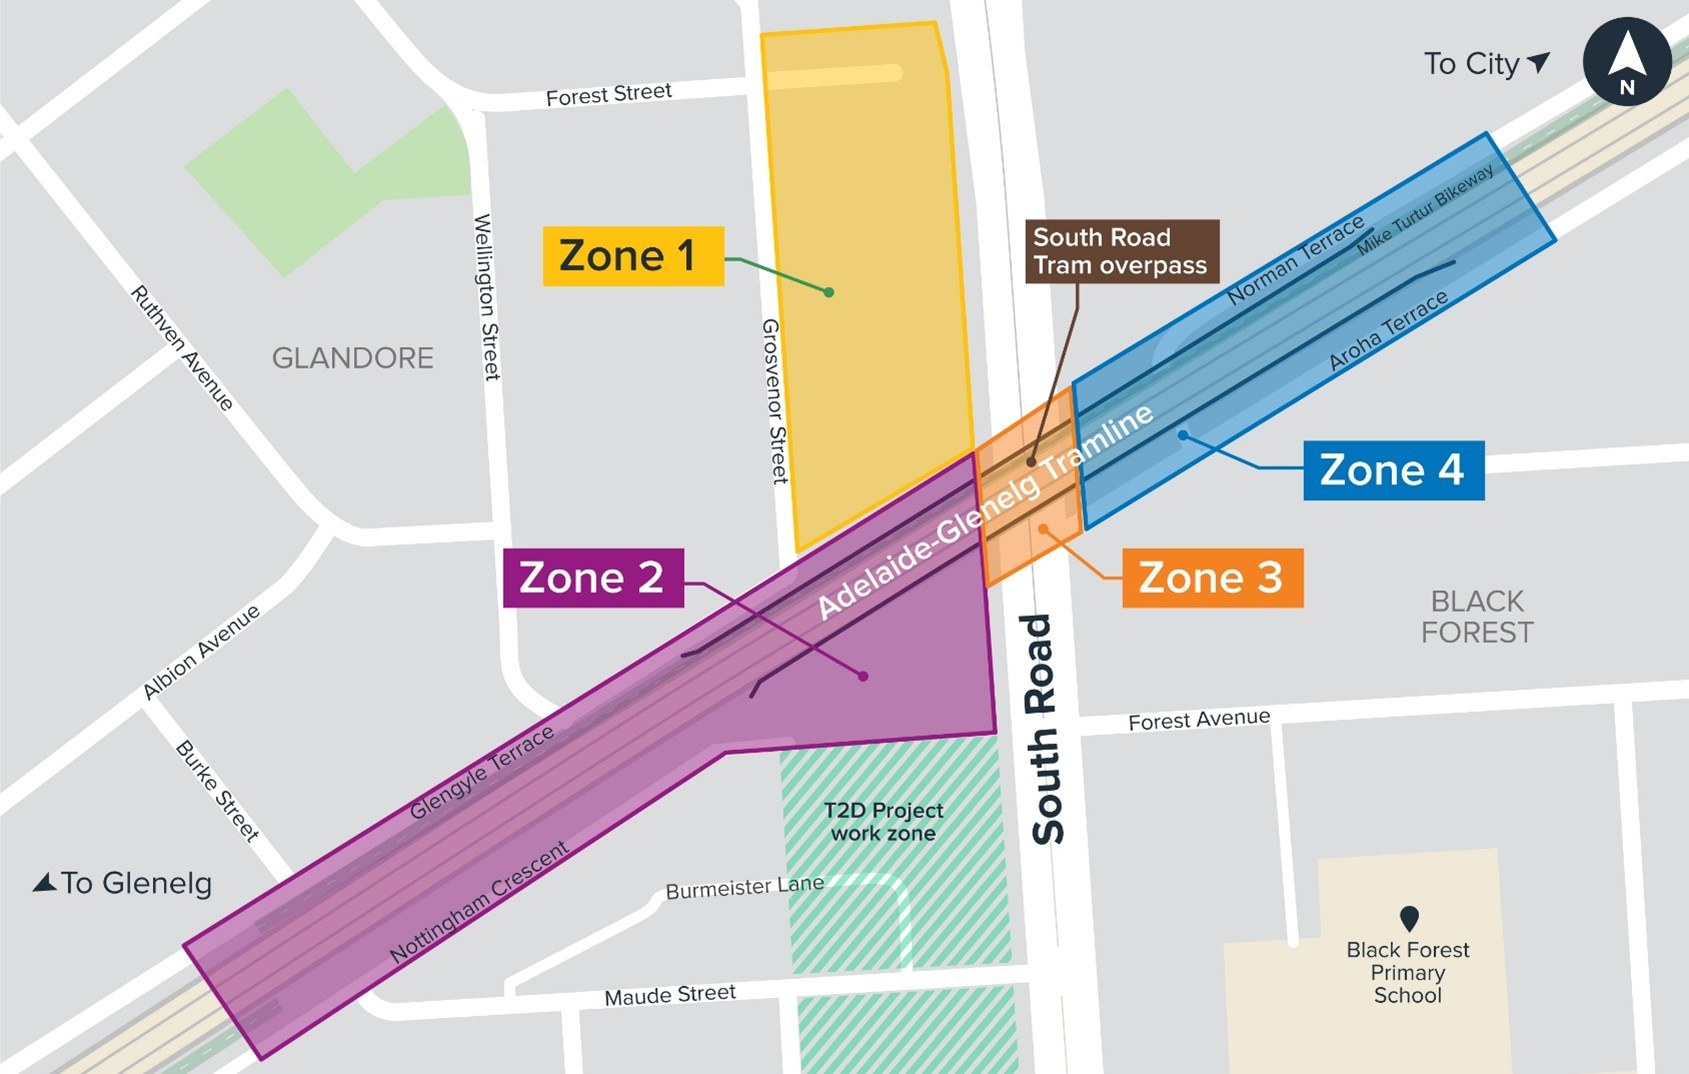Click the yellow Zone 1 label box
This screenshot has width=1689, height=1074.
[632, 256]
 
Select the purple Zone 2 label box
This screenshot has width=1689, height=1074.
[592, 578]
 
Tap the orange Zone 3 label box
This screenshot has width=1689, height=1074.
[1211, 578]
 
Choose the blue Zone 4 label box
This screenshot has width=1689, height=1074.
[1392, 470]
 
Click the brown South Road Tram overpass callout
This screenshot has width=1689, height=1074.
[1121, 251]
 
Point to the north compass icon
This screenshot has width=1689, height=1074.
[1627, 62]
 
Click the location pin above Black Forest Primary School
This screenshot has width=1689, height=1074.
[1409, 917]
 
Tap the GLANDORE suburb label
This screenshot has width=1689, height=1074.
[353, 358]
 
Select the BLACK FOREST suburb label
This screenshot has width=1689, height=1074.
[1477, 616]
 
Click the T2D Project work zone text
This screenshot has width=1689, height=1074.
[884, 821]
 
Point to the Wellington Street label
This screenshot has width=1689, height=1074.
[485, 296]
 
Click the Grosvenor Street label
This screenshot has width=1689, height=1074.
[775, 401]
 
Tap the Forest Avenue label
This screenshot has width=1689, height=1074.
[1199, 720]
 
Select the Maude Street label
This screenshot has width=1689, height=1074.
[670, 995]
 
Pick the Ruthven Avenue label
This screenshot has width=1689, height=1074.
[182, 348]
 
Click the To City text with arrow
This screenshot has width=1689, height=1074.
[1486, 64]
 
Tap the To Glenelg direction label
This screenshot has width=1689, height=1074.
[123, 883]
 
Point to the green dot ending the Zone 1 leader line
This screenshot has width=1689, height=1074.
[829, 292]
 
